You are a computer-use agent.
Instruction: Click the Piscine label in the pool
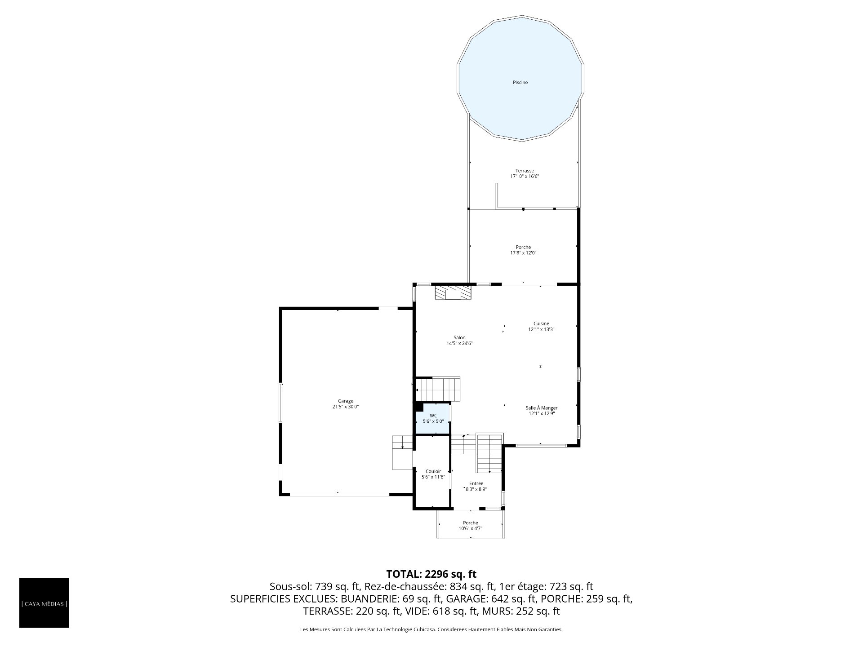tap(520, 83)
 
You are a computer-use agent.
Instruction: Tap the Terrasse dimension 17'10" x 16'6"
tap(525, 177)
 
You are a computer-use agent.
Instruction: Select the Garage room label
tap(346, 401)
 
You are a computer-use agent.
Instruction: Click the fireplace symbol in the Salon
tap(453, 293)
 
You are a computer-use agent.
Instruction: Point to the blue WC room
tap(432, 419)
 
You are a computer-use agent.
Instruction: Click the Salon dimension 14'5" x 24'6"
tap(459, 344)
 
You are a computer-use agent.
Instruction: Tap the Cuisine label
tap(541, 323)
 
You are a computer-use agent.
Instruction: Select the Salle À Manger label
tap(542, 408)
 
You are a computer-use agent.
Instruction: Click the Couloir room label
tap(433, 471)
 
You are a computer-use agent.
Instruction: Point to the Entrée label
tap(476, 483)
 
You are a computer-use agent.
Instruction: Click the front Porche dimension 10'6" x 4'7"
tap(471, 528)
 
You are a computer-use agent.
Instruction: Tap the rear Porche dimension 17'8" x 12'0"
tap(523, 253)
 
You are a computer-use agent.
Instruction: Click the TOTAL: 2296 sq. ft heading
tap(431, 574)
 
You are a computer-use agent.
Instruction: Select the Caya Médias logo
tap(44, 603)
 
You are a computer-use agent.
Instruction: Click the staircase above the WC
tap(438, 389)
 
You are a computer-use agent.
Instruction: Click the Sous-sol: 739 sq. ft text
tap(314, 586)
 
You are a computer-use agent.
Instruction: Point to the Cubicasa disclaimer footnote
tap(431, 630)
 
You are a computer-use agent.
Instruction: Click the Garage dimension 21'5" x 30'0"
tap(346, 407)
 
